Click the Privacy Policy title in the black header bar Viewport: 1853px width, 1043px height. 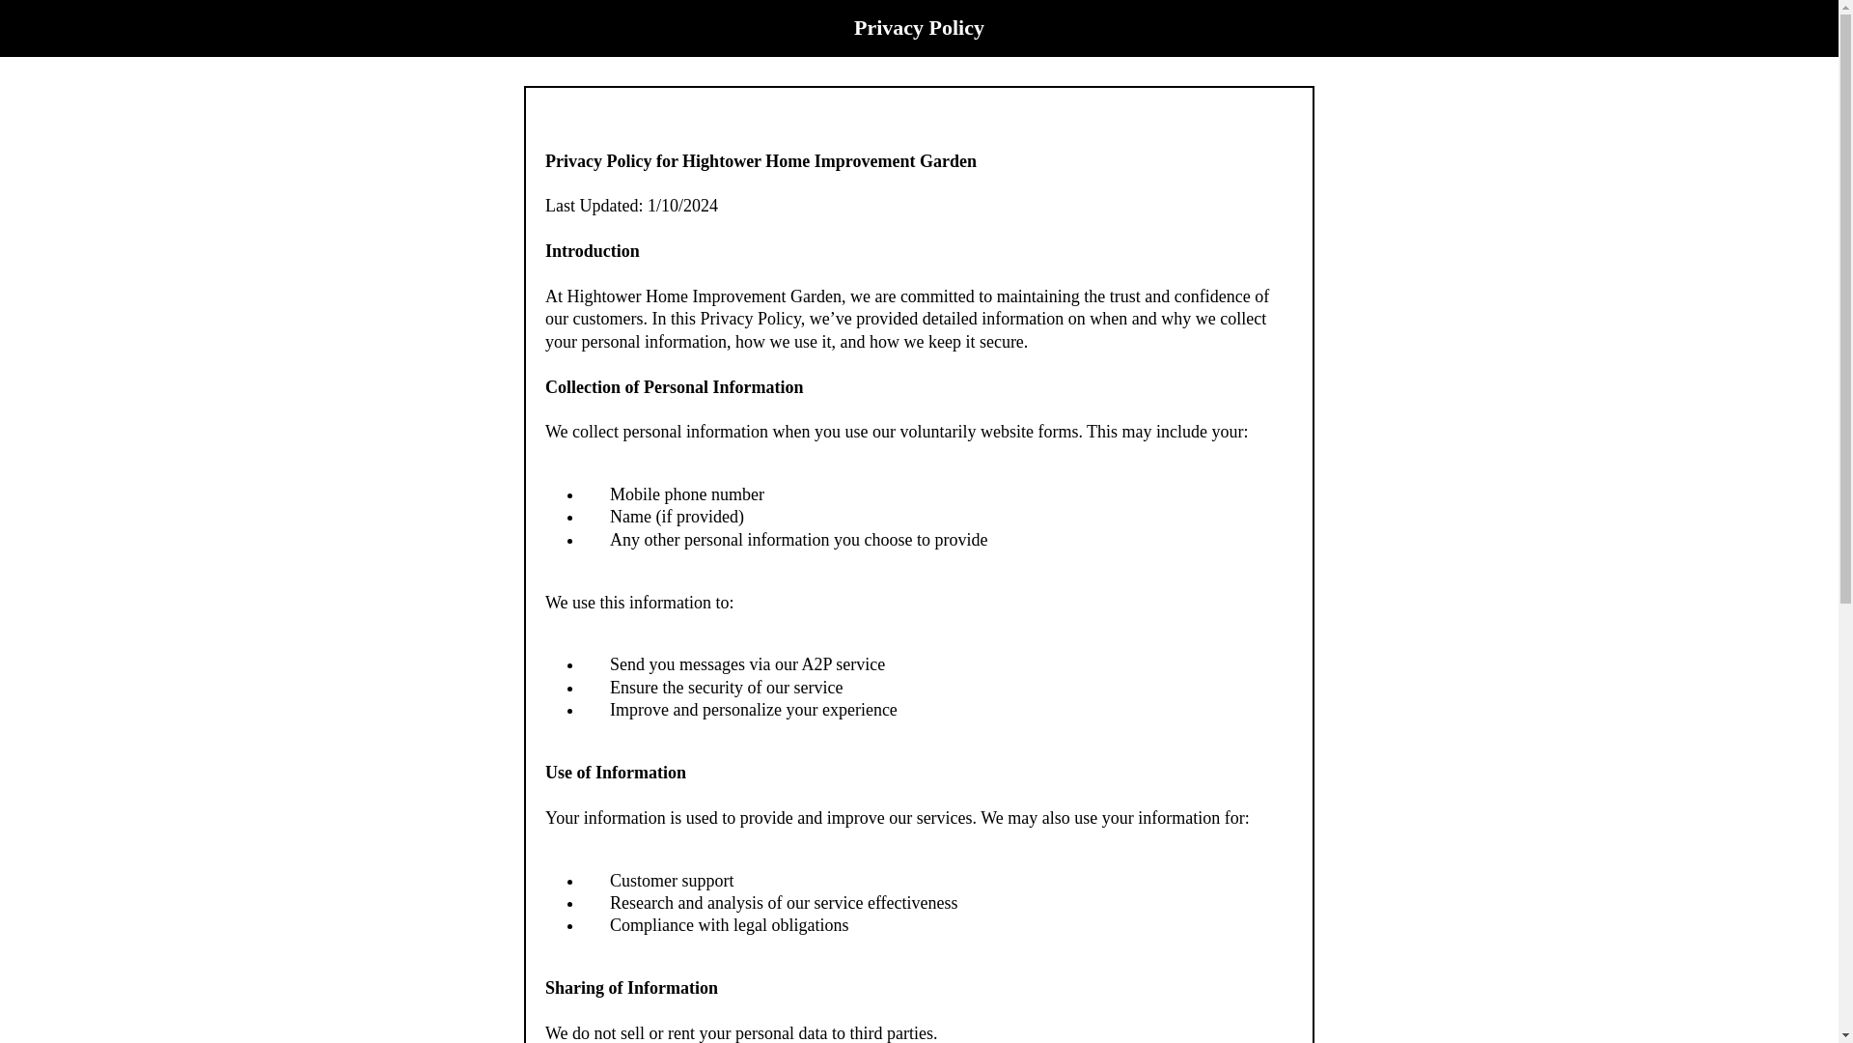coord(918,28)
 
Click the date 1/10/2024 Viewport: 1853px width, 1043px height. coord(682,206)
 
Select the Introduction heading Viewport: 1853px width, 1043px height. coord(592,251)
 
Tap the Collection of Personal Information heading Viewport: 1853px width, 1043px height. coord(674,387)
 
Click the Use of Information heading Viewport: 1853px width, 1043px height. coord(615,773)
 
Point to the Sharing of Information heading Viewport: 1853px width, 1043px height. coord(631,988)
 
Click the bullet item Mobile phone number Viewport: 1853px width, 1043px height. coord(686,494)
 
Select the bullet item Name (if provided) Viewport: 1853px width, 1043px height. coord(677,517)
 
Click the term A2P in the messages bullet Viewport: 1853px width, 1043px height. coord(816,664)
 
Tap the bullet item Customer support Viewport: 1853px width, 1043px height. coord(671,881)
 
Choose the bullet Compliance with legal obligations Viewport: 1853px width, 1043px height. coord(729,925)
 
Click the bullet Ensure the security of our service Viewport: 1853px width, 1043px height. coord(726,688)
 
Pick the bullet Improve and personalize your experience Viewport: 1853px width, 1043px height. coord(753,710)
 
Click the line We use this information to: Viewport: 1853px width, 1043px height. coord(639,603)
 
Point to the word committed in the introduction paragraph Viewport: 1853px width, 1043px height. coord(936,296)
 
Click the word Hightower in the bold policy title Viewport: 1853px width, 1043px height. coord(721,161)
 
